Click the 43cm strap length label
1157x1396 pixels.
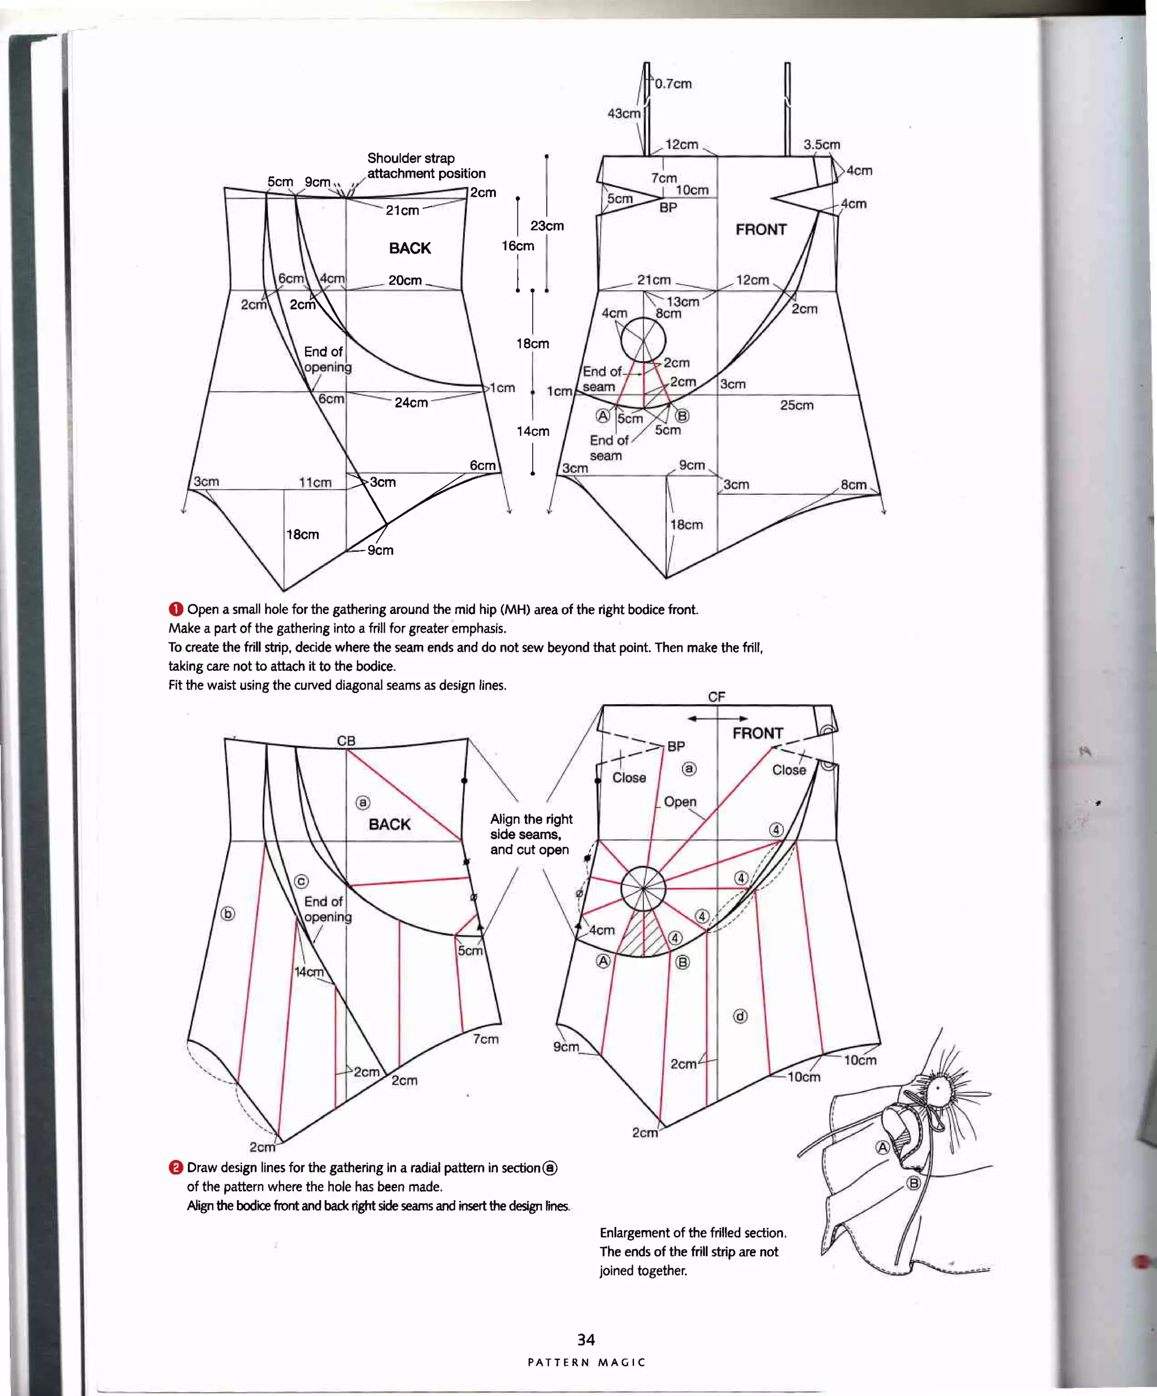click(623, 114)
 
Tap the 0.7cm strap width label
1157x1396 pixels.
click(673, 84)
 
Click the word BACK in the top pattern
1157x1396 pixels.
click(410, 248)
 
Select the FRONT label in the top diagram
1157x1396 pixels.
click(761, 229)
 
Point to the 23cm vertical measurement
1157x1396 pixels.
click(547, 226)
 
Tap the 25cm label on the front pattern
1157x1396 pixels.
click(796, 405)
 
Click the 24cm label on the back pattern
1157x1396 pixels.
click(411, 402)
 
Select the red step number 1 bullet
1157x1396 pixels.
click(176, 609)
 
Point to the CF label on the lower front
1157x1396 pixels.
click(716, 697)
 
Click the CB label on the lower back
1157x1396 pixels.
click(346, 740)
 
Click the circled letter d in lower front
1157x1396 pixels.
click(740, 1016)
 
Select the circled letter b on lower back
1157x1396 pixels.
click(228, 913)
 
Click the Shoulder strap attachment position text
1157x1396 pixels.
click(425, 165)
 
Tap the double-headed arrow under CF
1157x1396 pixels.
click(717, 718)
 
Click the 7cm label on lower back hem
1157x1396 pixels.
click(485, 1039)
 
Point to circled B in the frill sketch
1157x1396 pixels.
click(914, 1183)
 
